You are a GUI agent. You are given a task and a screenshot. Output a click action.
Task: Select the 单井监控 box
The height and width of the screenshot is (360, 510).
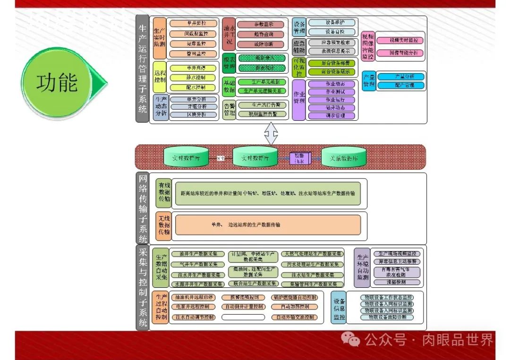pos(193,23)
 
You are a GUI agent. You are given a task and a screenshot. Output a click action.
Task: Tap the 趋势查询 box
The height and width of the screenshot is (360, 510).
pos(261,34)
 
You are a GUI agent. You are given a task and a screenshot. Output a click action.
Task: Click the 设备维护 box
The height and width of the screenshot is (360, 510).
pos(332,23)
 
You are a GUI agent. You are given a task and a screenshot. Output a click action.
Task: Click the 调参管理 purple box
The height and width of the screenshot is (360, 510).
pos(331,116)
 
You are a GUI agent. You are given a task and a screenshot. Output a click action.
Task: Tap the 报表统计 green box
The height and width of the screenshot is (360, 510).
pos(262,68)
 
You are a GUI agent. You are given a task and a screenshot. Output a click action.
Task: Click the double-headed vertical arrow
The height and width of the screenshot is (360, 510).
pos(271,134)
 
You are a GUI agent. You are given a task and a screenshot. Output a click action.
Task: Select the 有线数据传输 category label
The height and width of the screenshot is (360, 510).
pos(163,193)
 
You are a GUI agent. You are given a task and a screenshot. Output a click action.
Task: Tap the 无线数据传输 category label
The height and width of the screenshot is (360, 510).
pos(163,225)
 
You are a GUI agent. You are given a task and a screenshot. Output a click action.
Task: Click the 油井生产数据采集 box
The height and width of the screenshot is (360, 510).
pos(197,254)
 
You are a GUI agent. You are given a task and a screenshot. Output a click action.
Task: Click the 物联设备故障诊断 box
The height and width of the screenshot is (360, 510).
pos(386,318)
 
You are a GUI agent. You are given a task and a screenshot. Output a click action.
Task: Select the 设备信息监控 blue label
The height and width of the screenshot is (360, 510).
pos(339,308)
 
